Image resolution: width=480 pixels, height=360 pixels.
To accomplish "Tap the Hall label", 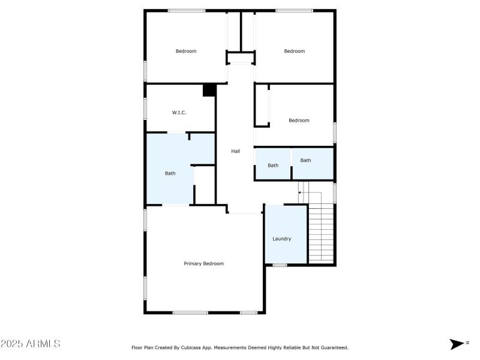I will coord(236,151).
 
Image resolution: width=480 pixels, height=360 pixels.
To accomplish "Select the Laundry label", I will coord(282,239).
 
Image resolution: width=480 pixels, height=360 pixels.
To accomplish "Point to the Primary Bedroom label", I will coord(203,263).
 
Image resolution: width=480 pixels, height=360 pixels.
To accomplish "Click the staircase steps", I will coord(321,234).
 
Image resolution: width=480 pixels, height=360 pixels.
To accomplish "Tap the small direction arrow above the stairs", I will coord(301,193).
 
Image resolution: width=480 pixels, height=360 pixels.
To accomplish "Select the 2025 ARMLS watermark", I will coord(30,344).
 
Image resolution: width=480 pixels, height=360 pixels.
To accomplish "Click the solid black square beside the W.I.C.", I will coord(209,90).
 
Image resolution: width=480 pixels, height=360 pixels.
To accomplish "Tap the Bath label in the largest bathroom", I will coord(170,173).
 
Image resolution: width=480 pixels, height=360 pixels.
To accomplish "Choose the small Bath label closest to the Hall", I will coord(273,165).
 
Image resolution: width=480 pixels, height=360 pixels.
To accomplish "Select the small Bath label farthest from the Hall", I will coord(306,160).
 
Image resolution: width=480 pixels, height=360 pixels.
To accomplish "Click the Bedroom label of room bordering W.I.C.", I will coord(186,51).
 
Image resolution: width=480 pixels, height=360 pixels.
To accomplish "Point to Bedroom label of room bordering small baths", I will coord(299,120).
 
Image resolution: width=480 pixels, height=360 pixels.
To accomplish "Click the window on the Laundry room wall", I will coord(280,265).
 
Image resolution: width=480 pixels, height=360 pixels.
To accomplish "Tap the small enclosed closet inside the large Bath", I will coord(205,185).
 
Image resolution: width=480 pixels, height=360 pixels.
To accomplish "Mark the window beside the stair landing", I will coord(335,193).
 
